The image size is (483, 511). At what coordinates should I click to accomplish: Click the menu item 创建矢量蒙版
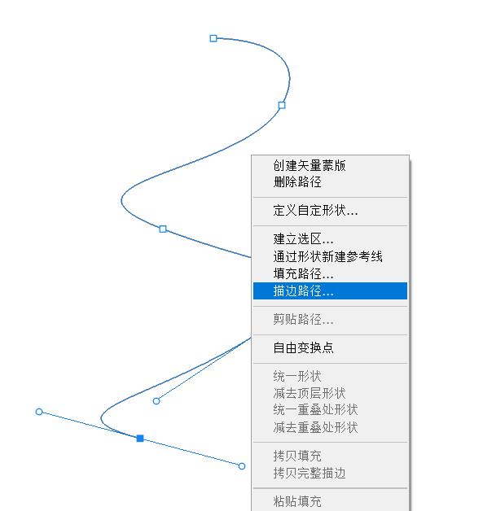[310, 165]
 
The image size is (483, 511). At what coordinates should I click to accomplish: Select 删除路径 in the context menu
[297, 181]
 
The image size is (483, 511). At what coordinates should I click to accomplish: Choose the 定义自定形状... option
[315, 211]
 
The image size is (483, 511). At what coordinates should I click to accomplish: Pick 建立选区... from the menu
[303, 239]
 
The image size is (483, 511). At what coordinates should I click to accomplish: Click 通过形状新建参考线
[327, 256]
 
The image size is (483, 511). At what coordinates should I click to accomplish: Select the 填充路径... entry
[303, 273]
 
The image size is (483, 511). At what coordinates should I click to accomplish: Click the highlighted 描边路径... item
[303, 291]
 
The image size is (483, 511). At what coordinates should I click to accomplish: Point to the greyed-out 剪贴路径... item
[303, 319]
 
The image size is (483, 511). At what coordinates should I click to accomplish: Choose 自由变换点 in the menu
[303, 348]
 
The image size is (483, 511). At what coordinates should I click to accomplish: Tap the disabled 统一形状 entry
[297, 377]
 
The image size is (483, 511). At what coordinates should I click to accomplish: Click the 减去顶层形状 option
[310, 393]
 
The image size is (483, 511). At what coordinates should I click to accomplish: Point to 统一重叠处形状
[315, 410]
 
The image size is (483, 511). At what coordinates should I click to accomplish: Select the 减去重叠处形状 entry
[315, 427]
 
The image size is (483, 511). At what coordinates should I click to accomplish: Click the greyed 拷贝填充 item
[297, 456]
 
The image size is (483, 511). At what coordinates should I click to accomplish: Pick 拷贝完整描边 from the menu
[310, 474]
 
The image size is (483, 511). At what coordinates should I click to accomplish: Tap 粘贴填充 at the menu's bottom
[297, 501]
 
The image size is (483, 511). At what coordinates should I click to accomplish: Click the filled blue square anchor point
[140, 439]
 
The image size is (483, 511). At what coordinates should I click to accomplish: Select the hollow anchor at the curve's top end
[213, 38]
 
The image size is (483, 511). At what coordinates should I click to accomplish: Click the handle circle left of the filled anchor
[39, 412]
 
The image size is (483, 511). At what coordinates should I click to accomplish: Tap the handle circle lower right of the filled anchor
[242, 466]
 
